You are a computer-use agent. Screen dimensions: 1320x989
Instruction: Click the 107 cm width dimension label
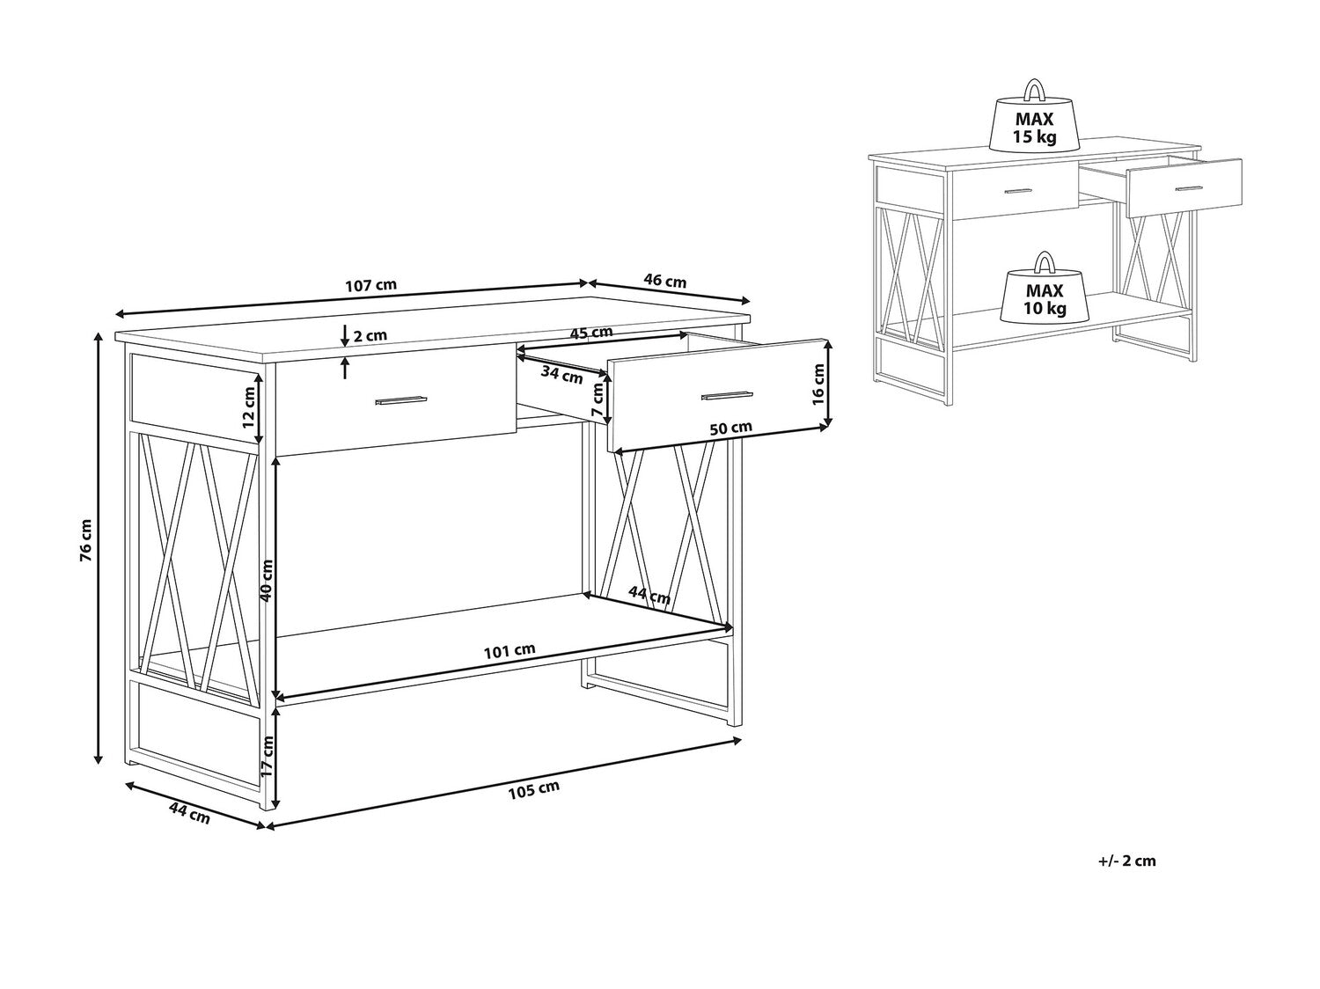(x=370, y=284)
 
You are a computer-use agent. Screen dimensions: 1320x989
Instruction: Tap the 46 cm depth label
(x=664, y=280)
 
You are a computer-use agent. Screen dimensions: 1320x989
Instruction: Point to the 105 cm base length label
(x=534, y=790)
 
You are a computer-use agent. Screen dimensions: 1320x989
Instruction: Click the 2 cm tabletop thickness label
(x=370, y=335)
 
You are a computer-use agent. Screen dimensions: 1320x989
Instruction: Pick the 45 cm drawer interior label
(x=590, y=333)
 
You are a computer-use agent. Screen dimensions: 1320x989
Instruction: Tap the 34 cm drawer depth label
(x=561, y=375)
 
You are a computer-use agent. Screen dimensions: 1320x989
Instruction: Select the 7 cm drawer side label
(x=597, y=400)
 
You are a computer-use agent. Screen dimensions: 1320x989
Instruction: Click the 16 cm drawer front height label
(x=818, y=385)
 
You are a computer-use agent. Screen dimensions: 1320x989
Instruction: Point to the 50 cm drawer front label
(x=730, y=428)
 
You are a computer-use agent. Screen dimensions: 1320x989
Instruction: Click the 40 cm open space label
(x=267, y=580)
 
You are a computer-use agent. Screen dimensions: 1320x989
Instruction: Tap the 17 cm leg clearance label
(x=268, y=755)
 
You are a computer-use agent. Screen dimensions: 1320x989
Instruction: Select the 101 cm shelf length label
(x=510, y=650)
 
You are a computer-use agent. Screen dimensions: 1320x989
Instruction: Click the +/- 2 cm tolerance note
(x=1127, y=861)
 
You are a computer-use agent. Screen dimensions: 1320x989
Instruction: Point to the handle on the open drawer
(x=727, y=395)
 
